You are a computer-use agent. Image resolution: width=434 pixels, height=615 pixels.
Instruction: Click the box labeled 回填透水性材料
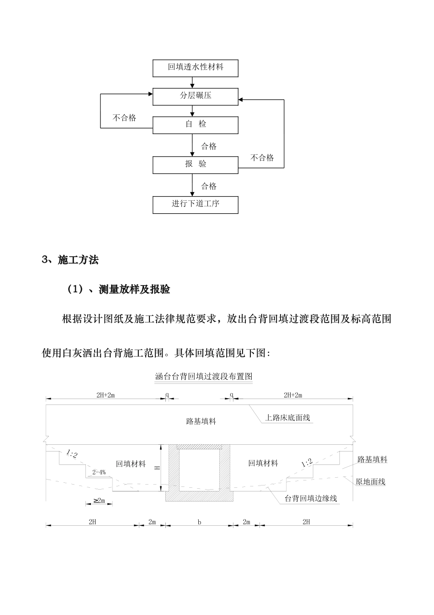tap(195, 67)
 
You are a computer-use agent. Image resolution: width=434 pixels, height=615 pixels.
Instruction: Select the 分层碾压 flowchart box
tap(195, 96)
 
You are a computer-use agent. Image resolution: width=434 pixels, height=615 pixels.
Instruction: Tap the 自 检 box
tap(195, 124)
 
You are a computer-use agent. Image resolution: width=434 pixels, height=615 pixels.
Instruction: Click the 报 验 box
tap(195, 164)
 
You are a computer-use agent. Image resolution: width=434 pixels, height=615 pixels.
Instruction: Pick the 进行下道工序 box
tap(195, 204)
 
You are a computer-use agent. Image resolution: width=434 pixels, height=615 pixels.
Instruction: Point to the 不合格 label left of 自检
tap(124, 118)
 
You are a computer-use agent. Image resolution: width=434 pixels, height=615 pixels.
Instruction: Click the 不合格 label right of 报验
tap(262, 158)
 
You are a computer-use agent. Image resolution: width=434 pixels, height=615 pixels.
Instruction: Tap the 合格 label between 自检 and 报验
tap(209, 146)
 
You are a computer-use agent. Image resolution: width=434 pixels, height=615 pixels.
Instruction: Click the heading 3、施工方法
tap(70, 260)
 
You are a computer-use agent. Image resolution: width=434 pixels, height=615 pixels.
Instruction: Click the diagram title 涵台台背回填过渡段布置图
tap(204, 377)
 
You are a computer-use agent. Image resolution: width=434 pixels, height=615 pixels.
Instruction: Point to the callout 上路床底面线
tap(287, 418)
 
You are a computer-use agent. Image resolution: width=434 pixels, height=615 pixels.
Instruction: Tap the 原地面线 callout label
tap(370, 482)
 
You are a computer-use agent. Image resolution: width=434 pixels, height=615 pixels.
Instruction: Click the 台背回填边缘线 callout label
tap(311, 498)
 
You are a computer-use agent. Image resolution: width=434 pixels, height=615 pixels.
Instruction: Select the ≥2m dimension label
tap(99, 501)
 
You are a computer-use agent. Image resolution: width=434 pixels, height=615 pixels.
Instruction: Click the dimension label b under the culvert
tap(199, 522)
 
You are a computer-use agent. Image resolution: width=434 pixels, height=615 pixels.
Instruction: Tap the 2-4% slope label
tap(99, 472)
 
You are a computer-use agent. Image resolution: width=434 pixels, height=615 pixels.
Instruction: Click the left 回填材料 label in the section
tap(131, 464)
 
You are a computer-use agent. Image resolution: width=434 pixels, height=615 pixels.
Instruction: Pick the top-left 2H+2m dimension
tap(106, 395)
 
